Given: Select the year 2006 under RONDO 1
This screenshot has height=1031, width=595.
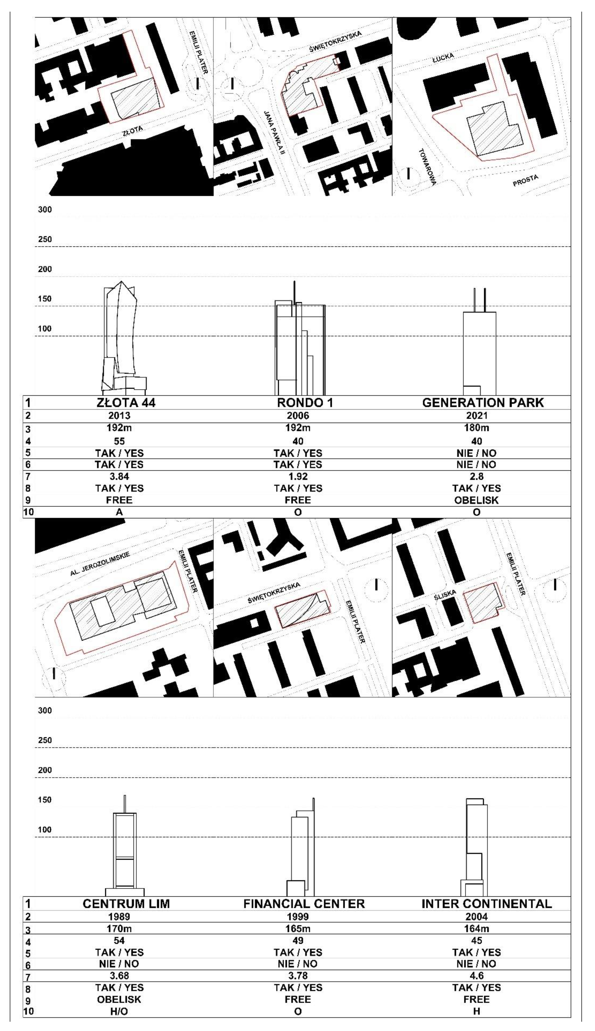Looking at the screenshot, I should coord(298,416).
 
